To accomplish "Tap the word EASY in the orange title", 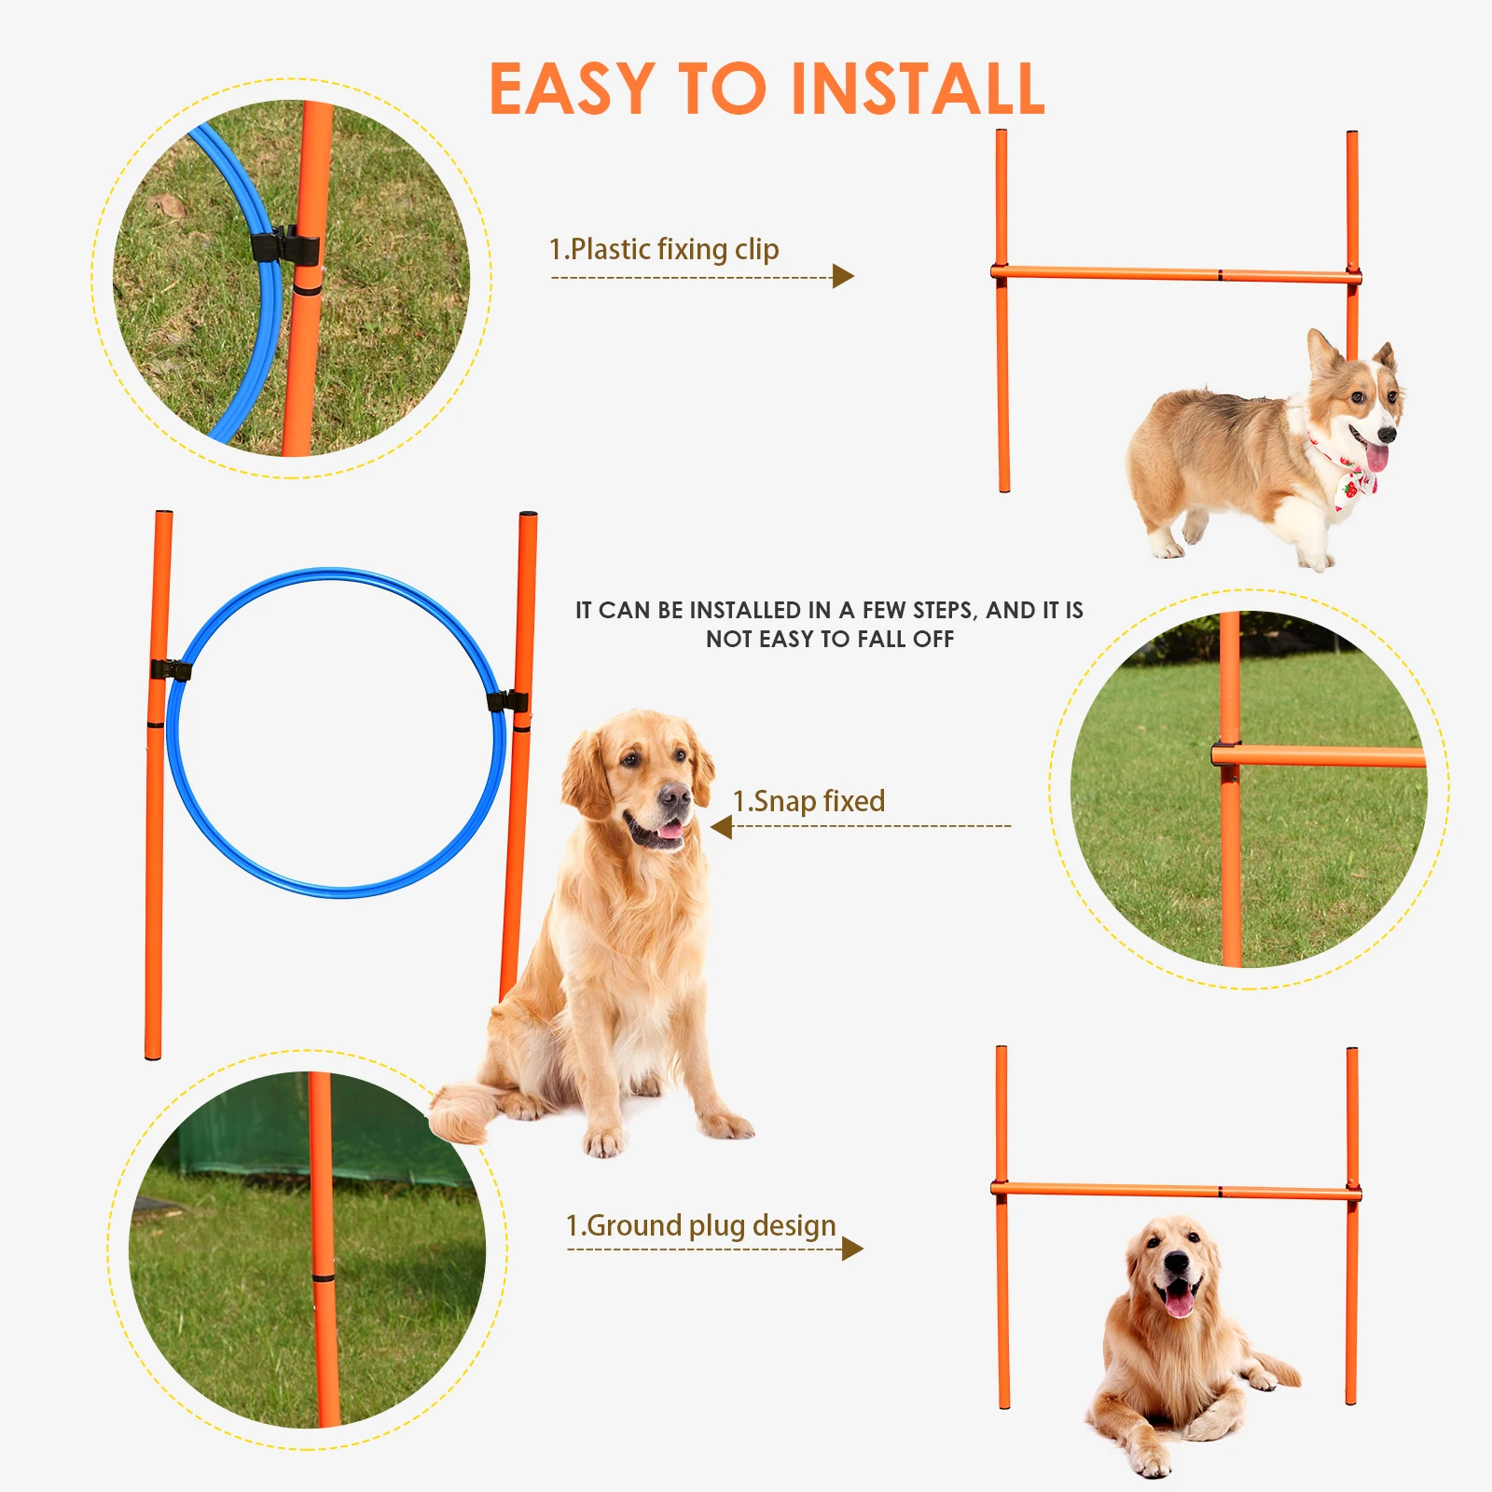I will pyautogui.click(x=572, y=90).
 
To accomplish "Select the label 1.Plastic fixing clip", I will pyautogui.click(x=663, y=249).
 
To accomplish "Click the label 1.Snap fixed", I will pyautogui.click(x=808, y=801).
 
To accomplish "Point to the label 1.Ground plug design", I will pyautogui.click(x=700, y=1225).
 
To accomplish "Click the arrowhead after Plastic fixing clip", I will pyautogui.click(x=843, y=276).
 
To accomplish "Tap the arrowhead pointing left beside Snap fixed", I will pyautogui.click(x=721, y=826).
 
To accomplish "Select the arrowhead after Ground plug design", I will pyautogui.click(x=851, y=1249).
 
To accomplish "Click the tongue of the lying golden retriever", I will pyautogui.click(x=1179, y=1301).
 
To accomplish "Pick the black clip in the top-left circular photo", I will pyautogui.click(x=284, y=247).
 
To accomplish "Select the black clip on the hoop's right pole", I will pyautogui.click(x=508, y=701).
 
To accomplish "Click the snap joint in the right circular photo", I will pyautogui.click(x=1227, y=753).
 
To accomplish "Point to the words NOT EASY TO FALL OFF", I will pyautogui.click(x=829, y=640).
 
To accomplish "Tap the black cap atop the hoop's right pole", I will pyautogui.click(x=528, y=515).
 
